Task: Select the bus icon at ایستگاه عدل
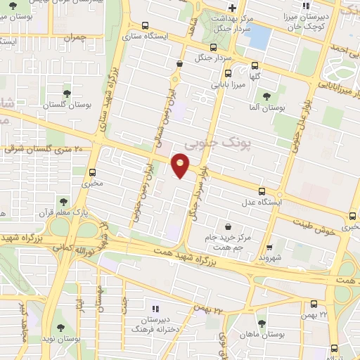point(262,191)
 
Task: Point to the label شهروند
point(269,257)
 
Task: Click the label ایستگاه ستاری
point(146,33)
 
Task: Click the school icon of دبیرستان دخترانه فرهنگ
point(156,307)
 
